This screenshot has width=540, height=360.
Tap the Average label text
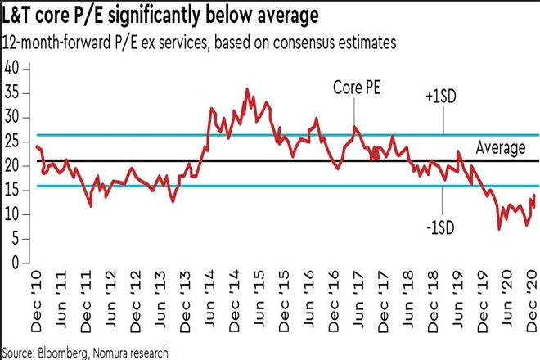point(500,148)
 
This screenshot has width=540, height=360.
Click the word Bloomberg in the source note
point(72,352)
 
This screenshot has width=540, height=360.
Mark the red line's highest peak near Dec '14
point(247,89)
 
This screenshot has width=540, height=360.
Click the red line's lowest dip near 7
point(499,229)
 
